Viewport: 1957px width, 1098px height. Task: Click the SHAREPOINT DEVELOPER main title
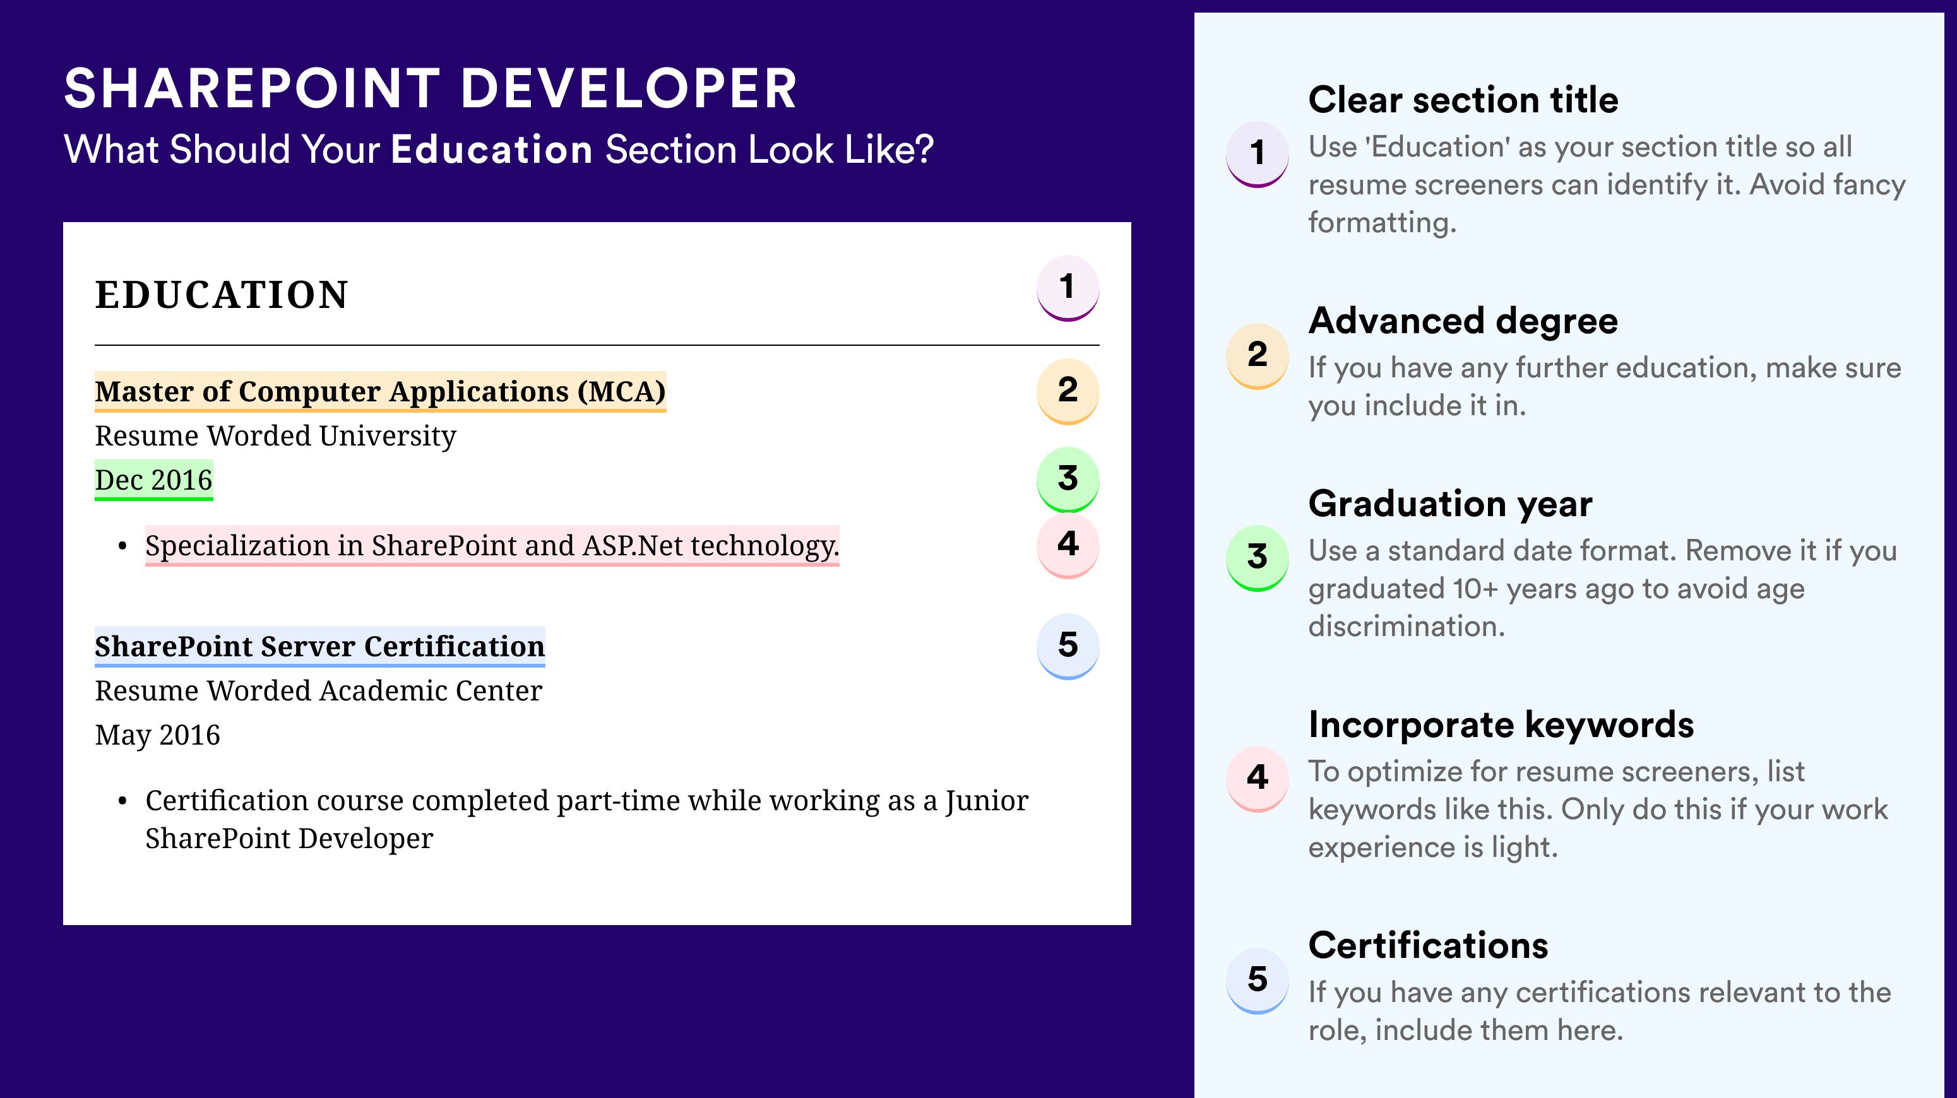click(x=431, y=88)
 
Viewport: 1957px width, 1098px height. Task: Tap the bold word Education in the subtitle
click(x=492, y=149)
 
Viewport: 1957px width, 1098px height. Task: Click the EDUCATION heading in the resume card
click(x=221, y=295)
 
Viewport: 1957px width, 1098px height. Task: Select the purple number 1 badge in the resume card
click(x=1068, y=288)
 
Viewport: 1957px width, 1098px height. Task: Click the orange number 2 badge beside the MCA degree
click(x=1068, y=391)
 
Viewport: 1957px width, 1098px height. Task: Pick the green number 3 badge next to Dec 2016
click(x=1068, y=479)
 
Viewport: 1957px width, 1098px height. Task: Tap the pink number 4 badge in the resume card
click(x=1068, y=545)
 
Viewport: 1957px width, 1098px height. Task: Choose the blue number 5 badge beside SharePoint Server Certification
click(x=1068, y=646)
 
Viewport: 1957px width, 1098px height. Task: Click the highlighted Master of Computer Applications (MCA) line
click(x=380, y=392)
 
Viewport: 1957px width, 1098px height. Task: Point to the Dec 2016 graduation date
click(x=153, y=480)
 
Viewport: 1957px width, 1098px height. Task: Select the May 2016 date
click(x=157, y=735)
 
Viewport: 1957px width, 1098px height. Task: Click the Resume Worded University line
click(x=275, y=436)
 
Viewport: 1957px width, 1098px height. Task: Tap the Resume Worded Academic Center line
click(x=318, y=691)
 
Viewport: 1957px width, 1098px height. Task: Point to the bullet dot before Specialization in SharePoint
click(x=122, y=546)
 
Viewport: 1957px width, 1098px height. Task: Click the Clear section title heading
click(x=1463, y=100)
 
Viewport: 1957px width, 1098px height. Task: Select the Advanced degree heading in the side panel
click(x=1463, y=321)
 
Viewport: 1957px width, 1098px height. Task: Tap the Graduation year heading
click(x=1450, y=504)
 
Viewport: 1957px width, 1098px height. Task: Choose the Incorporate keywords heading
click(x=1501, y=724)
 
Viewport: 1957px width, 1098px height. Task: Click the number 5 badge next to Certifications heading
click(x=1258, y=980)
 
